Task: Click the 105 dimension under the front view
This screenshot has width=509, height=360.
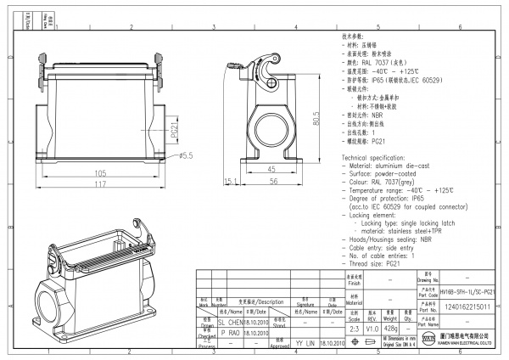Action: click(99, 172)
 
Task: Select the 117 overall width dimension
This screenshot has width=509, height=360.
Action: click(99, 184)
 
